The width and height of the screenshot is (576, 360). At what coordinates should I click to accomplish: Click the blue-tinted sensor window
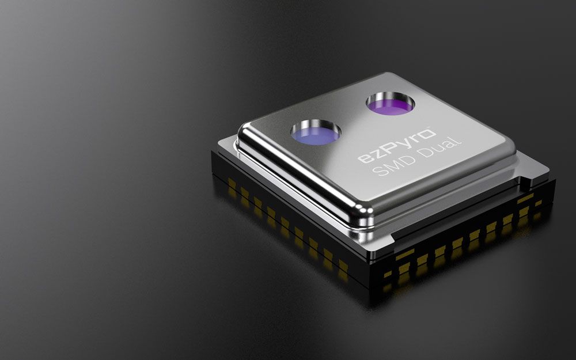314,134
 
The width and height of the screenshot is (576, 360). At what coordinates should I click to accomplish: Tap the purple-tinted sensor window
390,104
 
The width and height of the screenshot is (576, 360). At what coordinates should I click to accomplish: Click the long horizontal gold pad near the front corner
405,254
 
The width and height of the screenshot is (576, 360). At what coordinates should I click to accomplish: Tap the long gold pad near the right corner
525,198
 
